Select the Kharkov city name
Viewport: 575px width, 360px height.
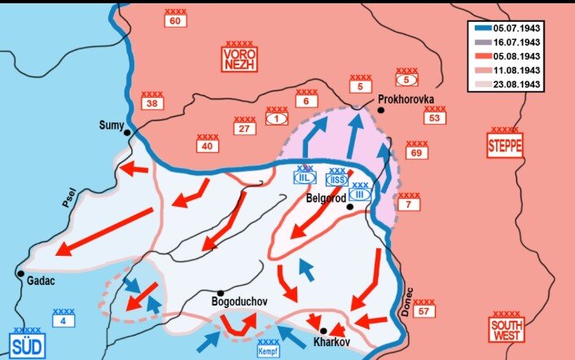(331, 343)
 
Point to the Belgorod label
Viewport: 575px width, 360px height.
(327, 197)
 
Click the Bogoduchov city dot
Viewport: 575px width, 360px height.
(221, 292)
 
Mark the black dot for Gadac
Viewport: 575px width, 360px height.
(21, 274)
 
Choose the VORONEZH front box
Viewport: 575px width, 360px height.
(238, 57)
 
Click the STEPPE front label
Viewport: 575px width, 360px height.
(504, 145)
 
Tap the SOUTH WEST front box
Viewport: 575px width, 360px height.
(506, 329)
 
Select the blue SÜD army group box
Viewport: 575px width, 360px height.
(27, 345)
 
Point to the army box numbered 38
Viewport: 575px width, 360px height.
(151, 104)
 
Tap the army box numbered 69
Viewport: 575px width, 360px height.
(416, 153)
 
